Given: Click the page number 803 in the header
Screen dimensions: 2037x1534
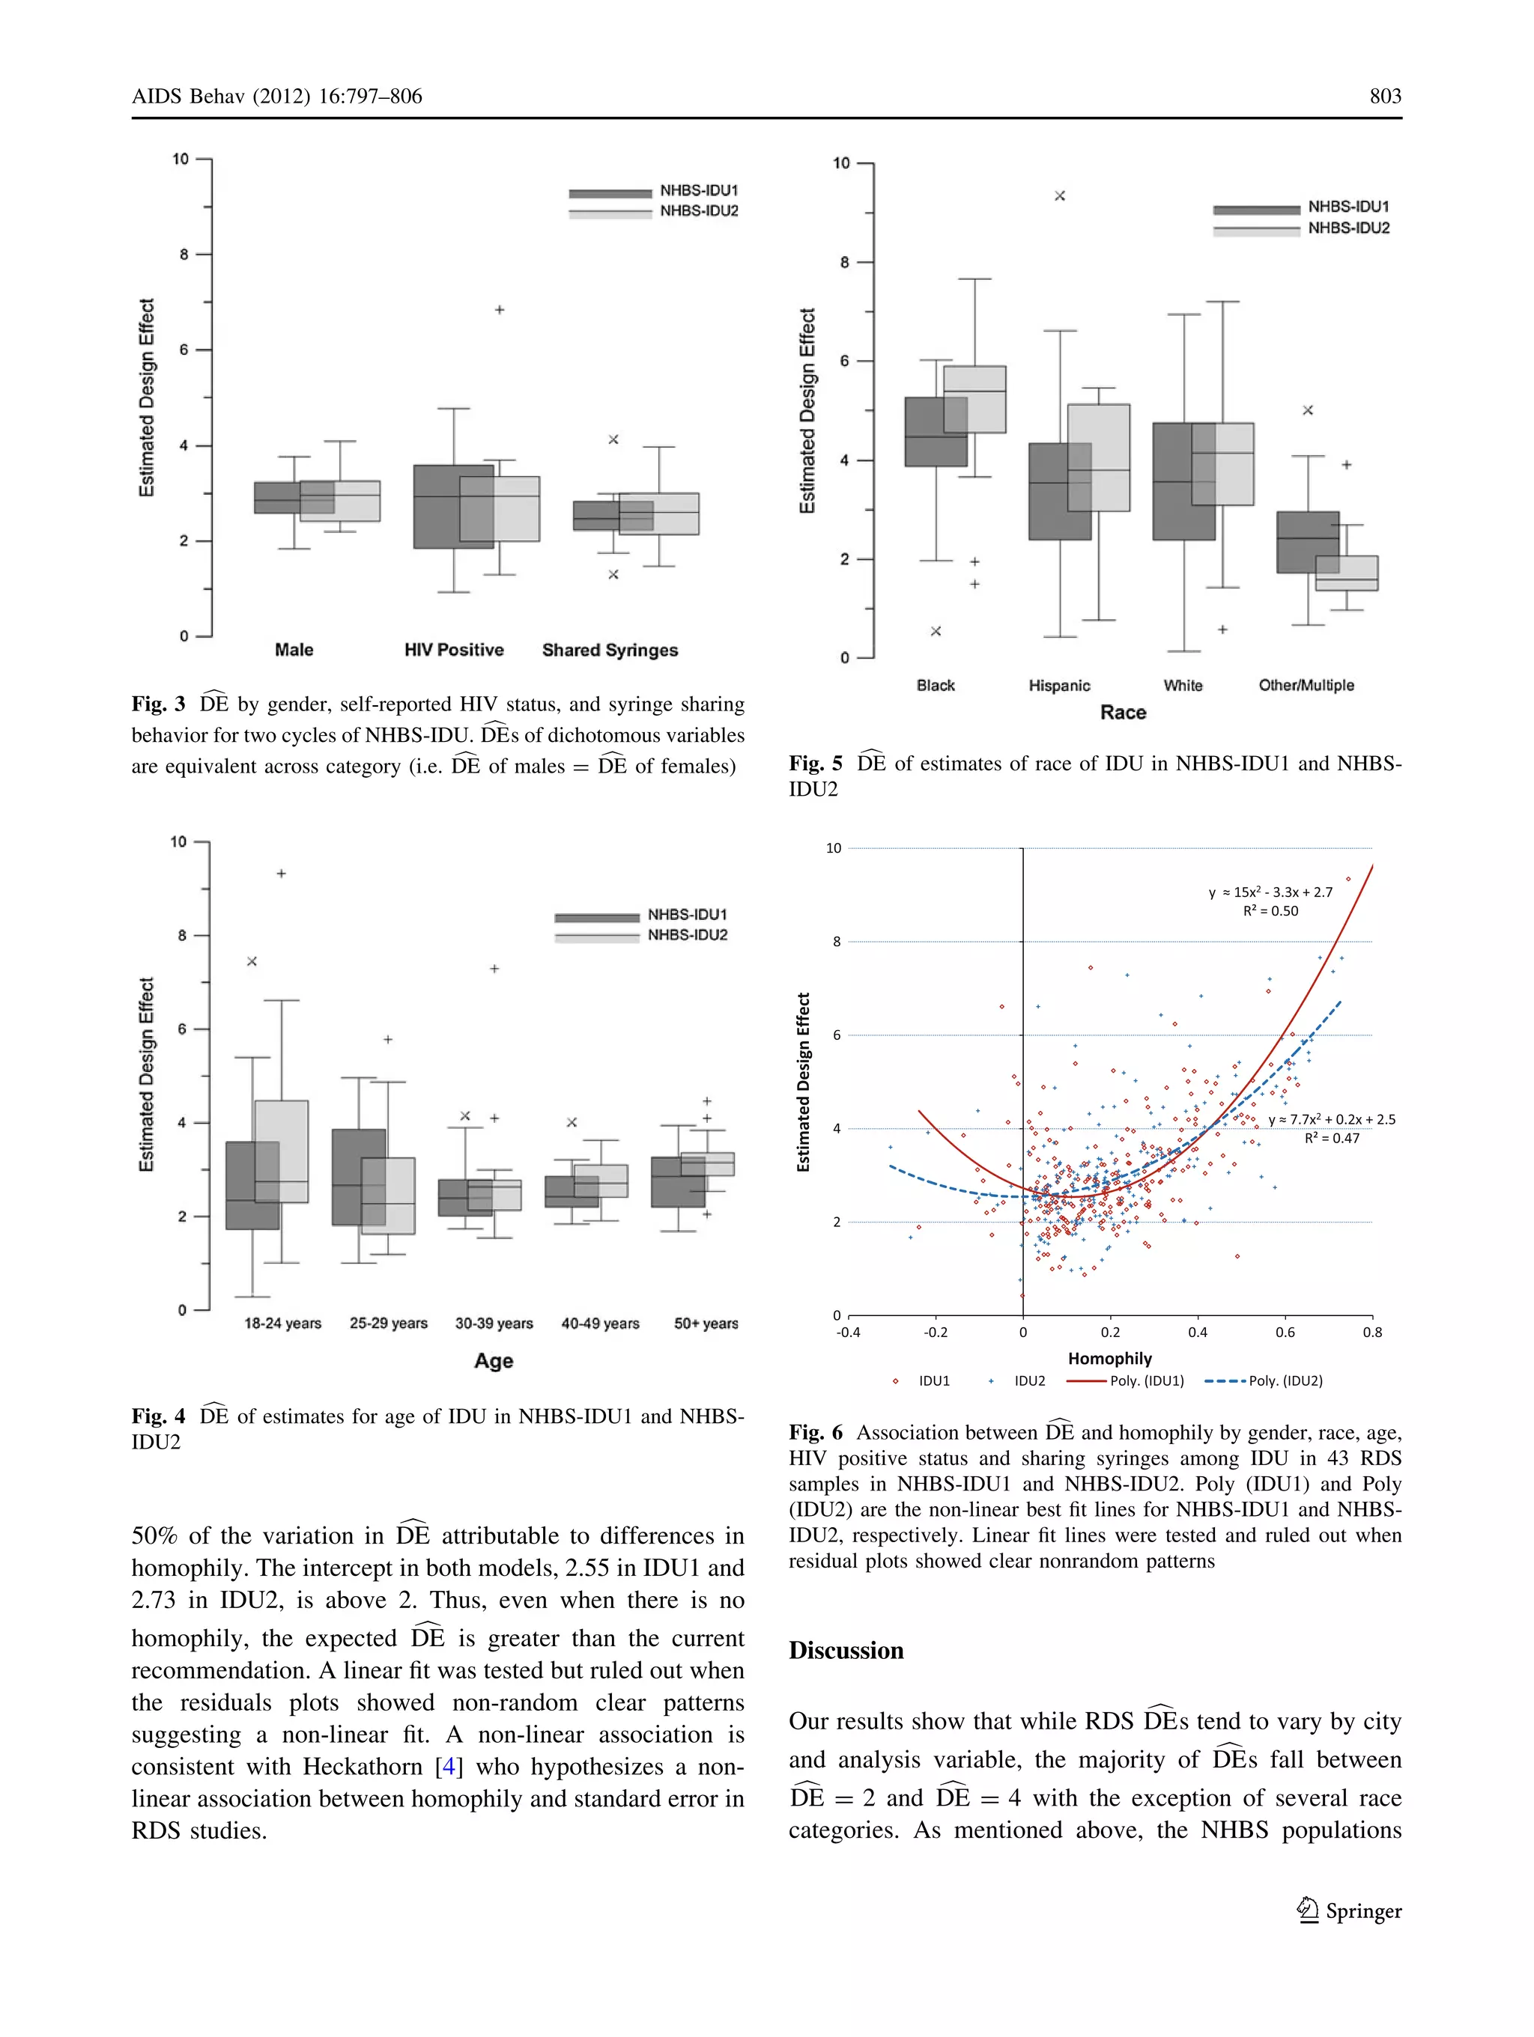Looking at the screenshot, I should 1385,97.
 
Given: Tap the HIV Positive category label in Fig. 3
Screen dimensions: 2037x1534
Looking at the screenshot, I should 453,650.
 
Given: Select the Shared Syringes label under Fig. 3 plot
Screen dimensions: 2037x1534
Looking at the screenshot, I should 609,650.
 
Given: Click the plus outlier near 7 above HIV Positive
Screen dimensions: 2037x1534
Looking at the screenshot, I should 500,311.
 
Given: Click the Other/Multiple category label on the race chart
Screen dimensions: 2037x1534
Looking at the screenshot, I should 1306,685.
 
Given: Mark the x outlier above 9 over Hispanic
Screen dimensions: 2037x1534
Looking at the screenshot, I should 1060,196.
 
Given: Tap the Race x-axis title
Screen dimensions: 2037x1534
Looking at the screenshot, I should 1122,713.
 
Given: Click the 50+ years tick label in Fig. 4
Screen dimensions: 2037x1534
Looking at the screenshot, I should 706,1324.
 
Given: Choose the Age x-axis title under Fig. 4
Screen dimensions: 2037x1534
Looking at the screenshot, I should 493,1361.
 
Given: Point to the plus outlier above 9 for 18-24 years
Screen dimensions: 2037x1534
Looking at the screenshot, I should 282,873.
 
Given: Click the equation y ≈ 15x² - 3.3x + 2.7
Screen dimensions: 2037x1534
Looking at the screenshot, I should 1270,892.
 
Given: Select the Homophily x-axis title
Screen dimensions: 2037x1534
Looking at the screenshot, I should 1109,1358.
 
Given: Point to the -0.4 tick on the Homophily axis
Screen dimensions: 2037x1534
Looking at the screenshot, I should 848,1333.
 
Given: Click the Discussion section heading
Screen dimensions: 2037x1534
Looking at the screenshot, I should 846,1650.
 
